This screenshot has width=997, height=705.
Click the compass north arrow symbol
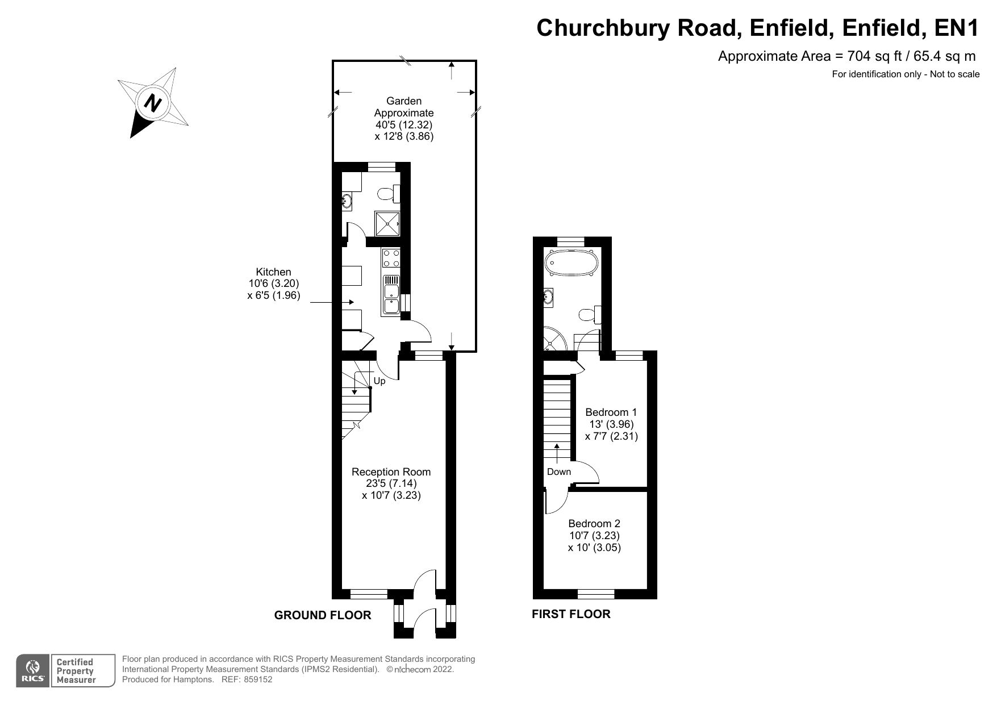click(152, 103)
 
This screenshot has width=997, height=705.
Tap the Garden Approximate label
click(404, 119)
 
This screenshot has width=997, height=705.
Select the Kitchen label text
click(273, 283)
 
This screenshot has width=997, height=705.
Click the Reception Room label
click(391, 483)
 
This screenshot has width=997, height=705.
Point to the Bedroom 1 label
click(611, 424)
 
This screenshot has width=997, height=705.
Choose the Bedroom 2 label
click(594, 535)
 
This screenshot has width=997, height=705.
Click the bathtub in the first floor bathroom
click(571, 263)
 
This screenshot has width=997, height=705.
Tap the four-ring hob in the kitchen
click(391, 258)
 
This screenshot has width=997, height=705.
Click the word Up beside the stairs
click(379, 381)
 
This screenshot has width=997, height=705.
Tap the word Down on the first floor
click(559, 472)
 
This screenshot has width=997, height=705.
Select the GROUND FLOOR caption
click(322, 615)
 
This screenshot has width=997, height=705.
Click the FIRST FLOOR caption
click(571, 614)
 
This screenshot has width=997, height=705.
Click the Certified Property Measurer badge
click(74, 671)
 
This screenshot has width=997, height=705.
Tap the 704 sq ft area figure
click(875, 56)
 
